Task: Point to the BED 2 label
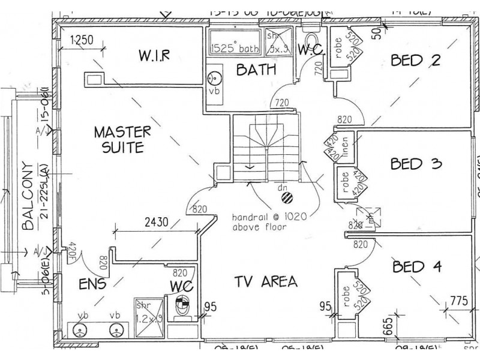[415, 60]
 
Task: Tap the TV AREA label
[265, 281]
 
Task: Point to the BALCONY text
[25, 196]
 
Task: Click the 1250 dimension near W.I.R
[82, 41]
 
